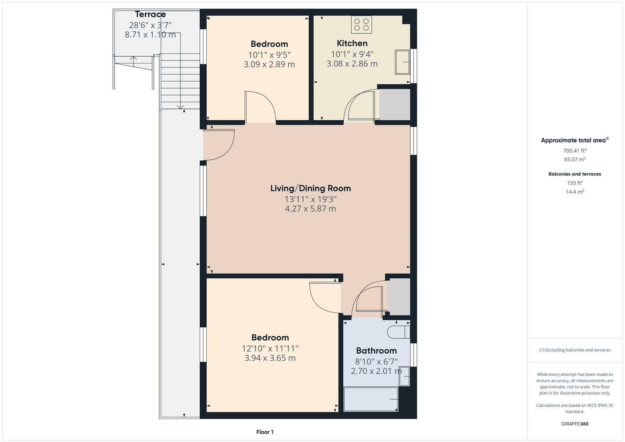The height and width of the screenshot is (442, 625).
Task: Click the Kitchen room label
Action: tap(352, 43)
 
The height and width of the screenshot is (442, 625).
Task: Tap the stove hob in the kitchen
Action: tap(361, 24)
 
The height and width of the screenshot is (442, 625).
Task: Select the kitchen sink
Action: tap(402, 62)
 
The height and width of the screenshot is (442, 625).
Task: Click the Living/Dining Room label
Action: tap(310, 188)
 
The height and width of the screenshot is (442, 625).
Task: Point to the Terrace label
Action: tap(150, 15)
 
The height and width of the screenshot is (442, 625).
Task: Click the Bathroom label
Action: tap(376, 351)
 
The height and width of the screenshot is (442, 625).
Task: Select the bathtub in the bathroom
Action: tap(371, 399)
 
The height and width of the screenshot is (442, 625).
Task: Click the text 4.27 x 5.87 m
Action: tap(310, 209)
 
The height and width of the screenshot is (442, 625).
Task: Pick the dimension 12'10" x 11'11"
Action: tap(270, 348)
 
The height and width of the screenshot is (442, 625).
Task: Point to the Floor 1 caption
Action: tap(265, 432)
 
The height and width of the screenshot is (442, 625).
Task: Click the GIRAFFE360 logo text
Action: tap(575, 424)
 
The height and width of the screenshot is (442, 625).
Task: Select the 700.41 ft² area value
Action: tap(575, 151)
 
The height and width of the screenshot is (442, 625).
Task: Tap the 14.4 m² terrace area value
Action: tap(575, 192)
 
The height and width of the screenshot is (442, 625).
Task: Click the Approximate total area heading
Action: tap(574, 140)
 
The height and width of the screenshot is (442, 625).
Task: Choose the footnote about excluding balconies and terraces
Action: tap(575, 350)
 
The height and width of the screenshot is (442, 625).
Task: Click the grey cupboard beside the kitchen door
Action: tap(395, 105)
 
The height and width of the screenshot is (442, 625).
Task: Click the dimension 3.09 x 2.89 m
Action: tap(269, 64)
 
